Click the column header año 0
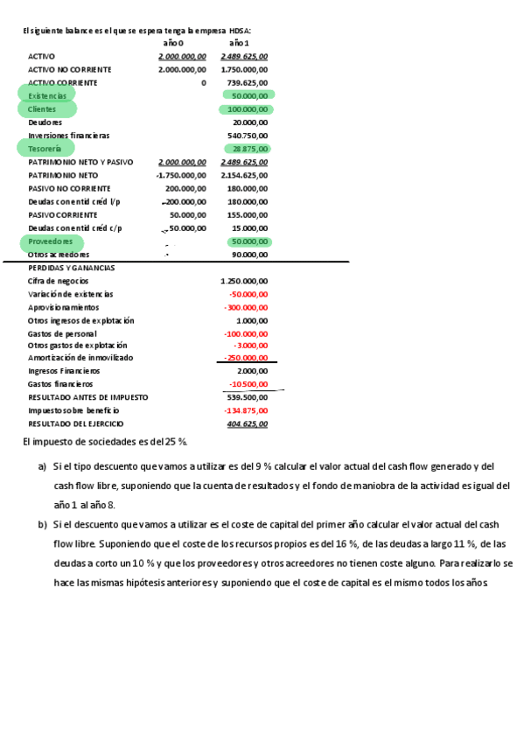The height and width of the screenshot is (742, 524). [173, 43]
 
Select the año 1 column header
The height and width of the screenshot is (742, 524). [239, 43]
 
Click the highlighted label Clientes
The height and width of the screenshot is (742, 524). [42, 109]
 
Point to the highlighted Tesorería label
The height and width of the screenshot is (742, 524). [45, 150]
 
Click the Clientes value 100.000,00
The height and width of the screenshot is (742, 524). [248, 109]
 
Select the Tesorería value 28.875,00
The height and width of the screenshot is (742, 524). [250, 150]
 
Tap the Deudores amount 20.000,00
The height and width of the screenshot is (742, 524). [250, 122]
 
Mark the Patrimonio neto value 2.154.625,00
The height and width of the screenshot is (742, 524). [244, 175]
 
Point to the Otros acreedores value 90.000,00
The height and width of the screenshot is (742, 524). [250, 255]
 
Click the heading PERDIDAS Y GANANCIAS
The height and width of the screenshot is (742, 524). [72, 268]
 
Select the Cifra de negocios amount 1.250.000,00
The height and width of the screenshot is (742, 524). [244, 281]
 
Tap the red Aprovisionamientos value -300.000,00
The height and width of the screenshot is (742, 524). [245, 308]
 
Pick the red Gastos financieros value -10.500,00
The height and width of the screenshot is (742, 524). [248, 384]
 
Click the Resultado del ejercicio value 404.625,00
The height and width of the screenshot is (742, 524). [248, 423]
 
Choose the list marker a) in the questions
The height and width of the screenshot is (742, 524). [42, 465]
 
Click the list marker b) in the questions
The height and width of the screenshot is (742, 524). [42, 524]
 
